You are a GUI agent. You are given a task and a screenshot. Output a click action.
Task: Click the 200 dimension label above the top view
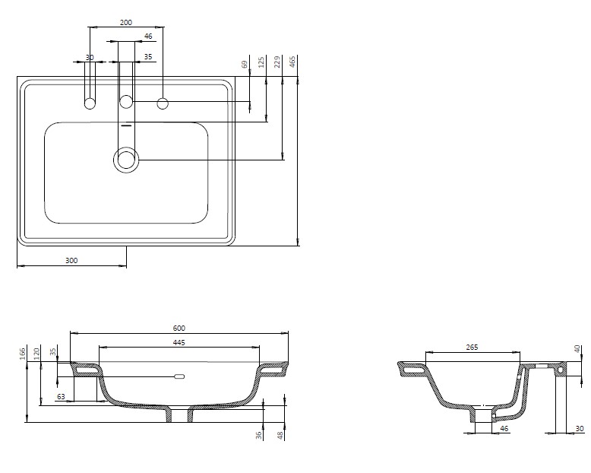click(x=126, y=23)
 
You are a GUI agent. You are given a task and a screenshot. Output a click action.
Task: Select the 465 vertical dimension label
click(x=292, y=62)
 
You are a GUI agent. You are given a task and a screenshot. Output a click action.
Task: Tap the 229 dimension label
click(x=277, y=62)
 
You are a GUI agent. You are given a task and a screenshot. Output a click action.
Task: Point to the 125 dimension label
click(x=261, y=62)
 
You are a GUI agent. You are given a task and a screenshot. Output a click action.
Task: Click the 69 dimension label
click(x=245, y=64)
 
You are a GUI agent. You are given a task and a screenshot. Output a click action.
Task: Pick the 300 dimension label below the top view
click(x=71, y=260)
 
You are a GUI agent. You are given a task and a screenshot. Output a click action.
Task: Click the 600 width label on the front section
click(x=179, y=329)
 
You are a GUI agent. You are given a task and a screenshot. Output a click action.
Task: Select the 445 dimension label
click(x=179, y=342)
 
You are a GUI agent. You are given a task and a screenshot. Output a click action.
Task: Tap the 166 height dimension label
click(x=22, y=354)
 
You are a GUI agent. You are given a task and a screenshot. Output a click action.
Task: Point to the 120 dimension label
click(x=36, y=354)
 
